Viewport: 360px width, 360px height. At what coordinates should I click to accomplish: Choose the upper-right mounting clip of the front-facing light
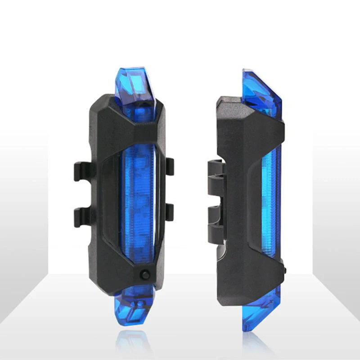coord(169,166)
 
